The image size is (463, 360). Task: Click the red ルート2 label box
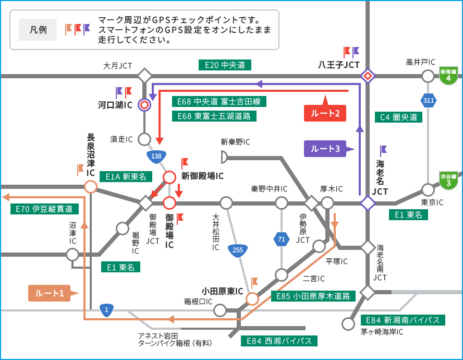[x=325, y=113]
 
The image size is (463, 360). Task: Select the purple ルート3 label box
[x=325, y=149]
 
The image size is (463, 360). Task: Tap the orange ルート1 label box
[x=50, y=293]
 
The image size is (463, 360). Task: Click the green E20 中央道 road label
[x=225, y=65]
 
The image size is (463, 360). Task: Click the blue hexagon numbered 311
[x=428, y=100]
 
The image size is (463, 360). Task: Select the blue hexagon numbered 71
[x=282, y=240]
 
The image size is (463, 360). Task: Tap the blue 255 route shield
[x=237, y=250]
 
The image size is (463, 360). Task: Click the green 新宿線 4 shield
[x=448, y=76]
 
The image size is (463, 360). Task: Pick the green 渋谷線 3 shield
[x=448, y=180]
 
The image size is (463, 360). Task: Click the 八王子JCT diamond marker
[x=368, y=76]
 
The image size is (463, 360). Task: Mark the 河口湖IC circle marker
[x=144, y=105]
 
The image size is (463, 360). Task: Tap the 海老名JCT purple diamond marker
[x=368, y=202]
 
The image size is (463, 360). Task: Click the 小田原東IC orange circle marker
[x=252, y=298]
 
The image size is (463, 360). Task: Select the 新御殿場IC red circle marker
[x=169, y=177]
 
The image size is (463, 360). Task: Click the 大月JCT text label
[x=118, y=66]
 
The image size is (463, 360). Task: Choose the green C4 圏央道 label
[x=398, y=117]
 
